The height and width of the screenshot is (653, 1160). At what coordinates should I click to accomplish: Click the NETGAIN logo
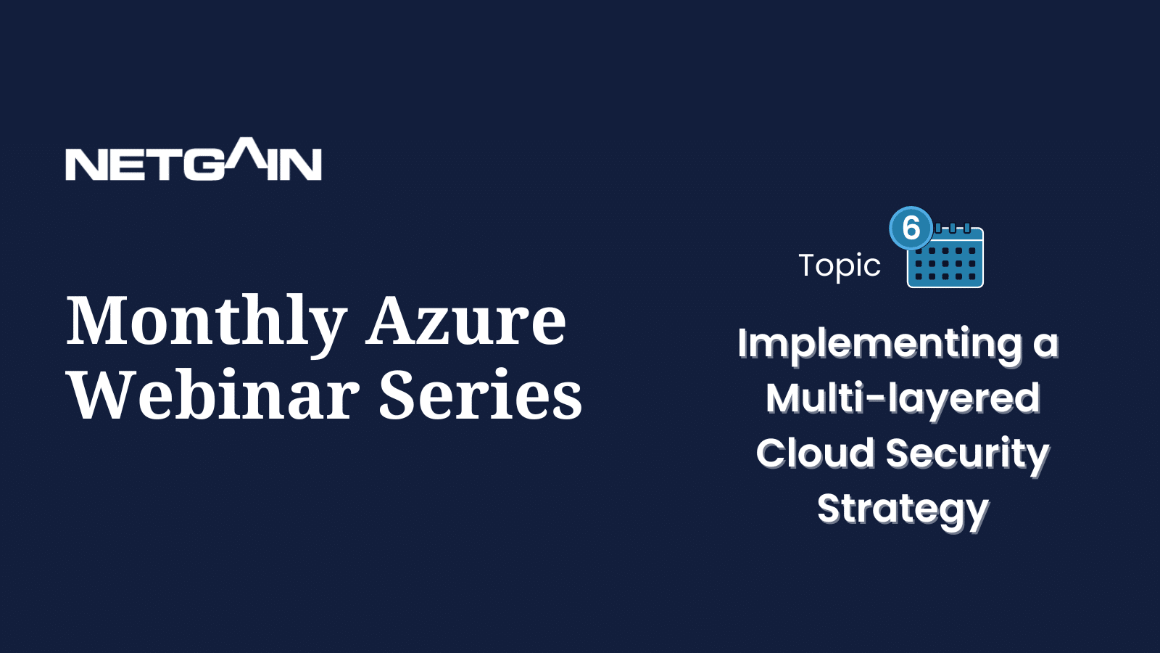click(x=193, y=159)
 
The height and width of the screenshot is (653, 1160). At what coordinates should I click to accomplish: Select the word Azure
click(x=465, y=321)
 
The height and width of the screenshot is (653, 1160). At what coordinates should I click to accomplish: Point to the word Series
click(x=481, y=394)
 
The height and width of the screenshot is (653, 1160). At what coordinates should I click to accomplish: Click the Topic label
click(x=840, y=266)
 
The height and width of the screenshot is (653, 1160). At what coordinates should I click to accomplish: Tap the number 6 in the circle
click(x=911, y=228)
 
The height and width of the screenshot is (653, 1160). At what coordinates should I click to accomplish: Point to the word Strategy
click(x=903, y=511)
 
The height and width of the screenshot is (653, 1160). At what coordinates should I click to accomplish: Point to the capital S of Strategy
click(x=831, y=508)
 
